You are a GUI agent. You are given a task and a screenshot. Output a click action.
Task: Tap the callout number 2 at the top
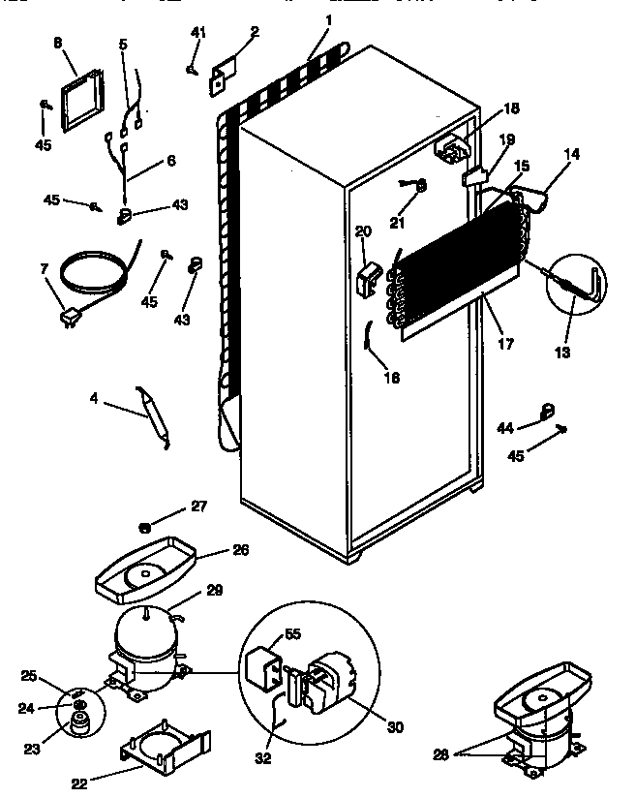coord(254,31)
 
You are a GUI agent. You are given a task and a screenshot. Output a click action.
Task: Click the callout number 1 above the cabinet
coord(328,20)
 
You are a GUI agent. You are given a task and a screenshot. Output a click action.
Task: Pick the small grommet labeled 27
coord(144,527)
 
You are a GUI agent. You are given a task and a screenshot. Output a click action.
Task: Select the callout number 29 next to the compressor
coord(215,592)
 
